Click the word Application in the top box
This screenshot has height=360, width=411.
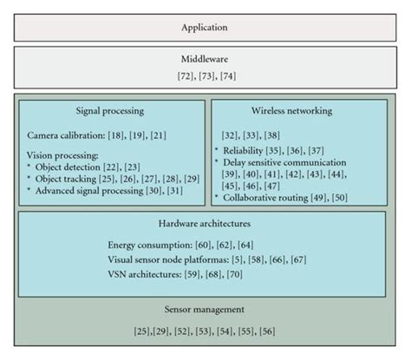tap(205, 27)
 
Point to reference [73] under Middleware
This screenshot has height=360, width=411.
tap(205, 78)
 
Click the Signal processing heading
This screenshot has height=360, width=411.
tap(110, 112)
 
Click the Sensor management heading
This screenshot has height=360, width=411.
tap(205, 309)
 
